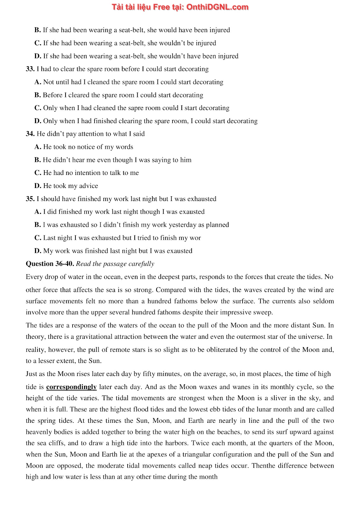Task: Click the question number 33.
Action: (x=30, y=69)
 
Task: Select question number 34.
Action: (x=30, y=134)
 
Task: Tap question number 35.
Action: (x=30, y=199)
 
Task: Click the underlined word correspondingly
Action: (x=71, y=387)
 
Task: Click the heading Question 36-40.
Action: (x=50, y=264)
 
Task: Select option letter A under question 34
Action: (x=38, y=147)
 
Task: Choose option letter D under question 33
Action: (x=38, y=121)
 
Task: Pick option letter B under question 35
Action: (x=38, y=225)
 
